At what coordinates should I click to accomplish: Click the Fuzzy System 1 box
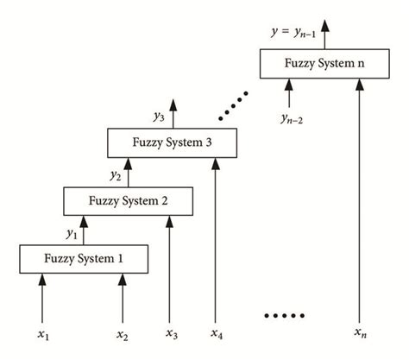coord(83,258)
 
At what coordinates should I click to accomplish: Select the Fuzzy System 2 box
coord(129,202)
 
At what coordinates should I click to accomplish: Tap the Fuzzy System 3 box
coord(173,143)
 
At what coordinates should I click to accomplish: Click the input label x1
coord(41,331)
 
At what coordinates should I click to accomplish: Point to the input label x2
coord(123,331)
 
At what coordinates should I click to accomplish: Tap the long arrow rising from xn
coord(358,199)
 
